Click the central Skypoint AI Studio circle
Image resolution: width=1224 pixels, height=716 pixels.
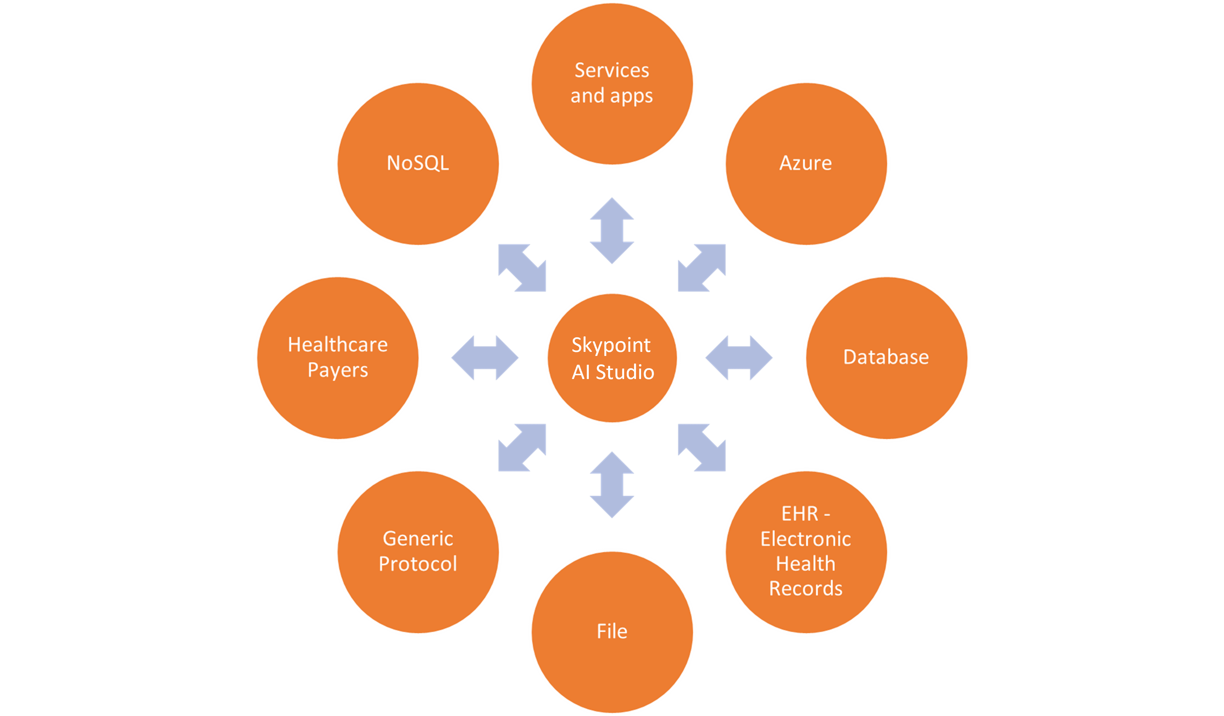tap(612, 358)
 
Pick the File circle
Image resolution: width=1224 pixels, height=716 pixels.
tap(612, 632)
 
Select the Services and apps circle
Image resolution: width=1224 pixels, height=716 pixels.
tap(612, 84)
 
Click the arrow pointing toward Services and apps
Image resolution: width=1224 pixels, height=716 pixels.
tap(612, 231)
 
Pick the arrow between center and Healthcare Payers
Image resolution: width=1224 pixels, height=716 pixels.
tap(485, 357)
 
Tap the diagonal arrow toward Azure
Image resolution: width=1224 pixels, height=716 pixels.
tap(702, 268)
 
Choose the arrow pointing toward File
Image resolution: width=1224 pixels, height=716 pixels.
tap(612, 485)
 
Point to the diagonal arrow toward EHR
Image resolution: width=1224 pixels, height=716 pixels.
tap(702, 447)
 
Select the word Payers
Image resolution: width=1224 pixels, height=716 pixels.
tap(338, 370)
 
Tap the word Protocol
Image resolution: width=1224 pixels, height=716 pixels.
tap(418, 564)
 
